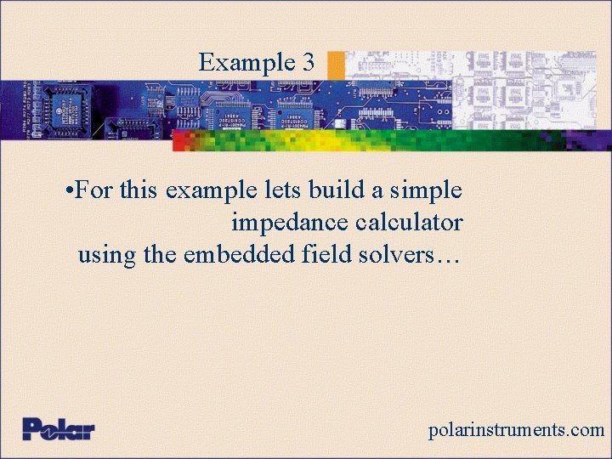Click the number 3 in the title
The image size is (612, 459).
pos(308,62)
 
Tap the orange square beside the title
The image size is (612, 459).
pos(336,65)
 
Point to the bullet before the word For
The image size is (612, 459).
pos(68,190)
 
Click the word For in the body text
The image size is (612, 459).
pos(93,190)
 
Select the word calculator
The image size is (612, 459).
pos(409,223)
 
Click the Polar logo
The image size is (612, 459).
pos(59,428)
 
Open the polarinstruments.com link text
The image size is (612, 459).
pos(516,430)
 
